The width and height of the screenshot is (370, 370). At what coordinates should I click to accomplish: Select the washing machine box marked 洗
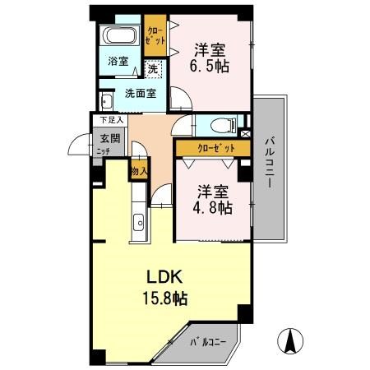click(x=153, y=70)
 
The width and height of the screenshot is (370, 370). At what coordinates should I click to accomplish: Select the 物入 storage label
click(x=139, y=171)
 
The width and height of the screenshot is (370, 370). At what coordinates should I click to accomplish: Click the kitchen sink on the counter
click(x=138, y=221)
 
